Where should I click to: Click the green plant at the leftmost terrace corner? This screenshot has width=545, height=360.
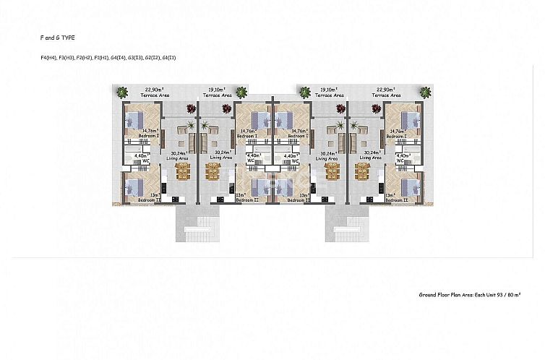pos(120,92)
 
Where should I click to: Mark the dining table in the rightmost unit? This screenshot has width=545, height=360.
pos(361,171)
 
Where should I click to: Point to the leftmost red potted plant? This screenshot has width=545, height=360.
pos(191,109)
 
